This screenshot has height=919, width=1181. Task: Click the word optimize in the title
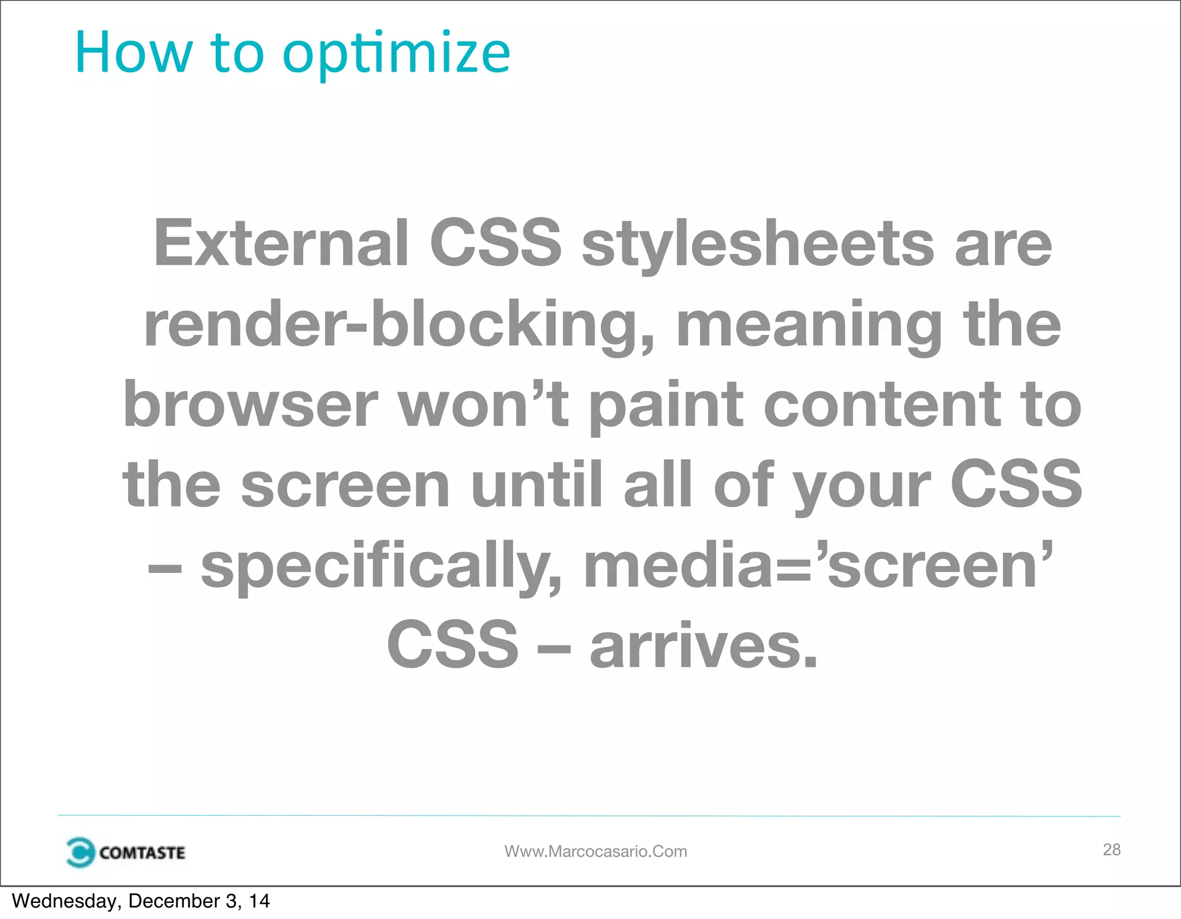[396, 55]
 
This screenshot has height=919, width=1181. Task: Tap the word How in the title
[133, 53]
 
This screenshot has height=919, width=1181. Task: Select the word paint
[666, 405]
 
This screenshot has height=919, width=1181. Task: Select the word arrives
[704, 646]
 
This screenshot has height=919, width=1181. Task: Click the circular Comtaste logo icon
[80, 852]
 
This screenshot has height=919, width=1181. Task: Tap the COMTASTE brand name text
[142, 853]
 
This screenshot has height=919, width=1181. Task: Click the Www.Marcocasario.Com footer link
[596, 852]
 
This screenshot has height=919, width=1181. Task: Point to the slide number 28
[1111, 849]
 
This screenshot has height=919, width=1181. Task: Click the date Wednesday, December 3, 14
[141, 901]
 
